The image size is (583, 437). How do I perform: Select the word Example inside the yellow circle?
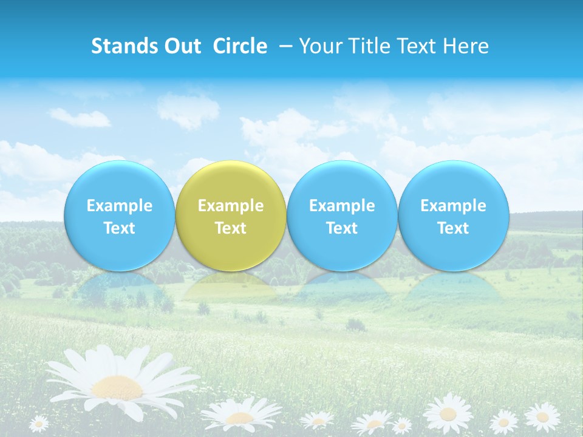tap(231, 206)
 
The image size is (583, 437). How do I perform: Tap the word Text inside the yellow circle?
tap(231, 228)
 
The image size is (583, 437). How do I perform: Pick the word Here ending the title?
tap(466, 46)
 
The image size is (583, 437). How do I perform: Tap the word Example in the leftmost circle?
tap(119, 206)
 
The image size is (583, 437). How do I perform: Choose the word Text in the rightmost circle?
tap(453, 228)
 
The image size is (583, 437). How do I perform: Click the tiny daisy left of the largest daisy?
tap(39, 422)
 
